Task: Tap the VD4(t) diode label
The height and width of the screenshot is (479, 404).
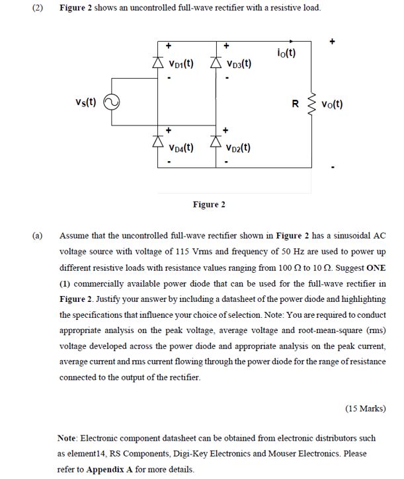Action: pos(181,147)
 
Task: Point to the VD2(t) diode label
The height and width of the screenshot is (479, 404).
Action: pos(237,147)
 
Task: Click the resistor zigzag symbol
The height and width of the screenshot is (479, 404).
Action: pos(310,104)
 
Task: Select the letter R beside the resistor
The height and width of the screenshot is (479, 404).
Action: pos(295,103)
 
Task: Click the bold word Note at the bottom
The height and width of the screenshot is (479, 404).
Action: pos(69,437)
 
